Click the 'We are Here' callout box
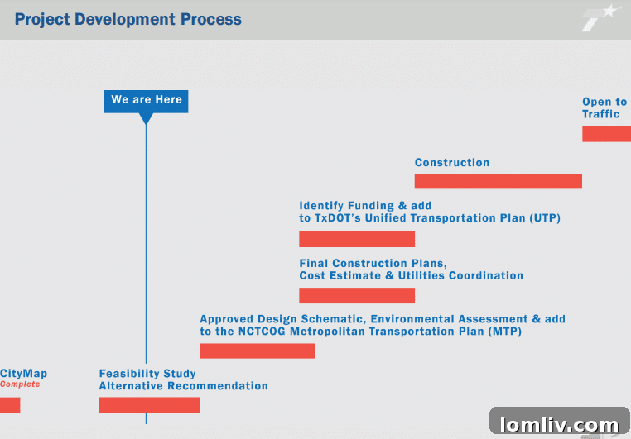(x=146, y=100)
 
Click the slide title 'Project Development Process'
(x=128, y=19)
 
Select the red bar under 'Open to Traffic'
(x=606, y=134)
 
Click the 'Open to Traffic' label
(x=605, y=108)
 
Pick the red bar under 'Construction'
(x=498, y=181)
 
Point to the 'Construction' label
(x=452, y=163)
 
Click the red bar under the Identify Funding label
(x=357, y=239)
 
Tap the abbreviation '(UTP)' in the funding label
(x=543, y=218)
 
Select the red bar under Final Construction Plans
(x=357, y=295)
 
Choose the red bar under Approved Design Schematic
(x=258, y=351)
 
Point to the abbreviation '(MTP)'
(x=504, y=331)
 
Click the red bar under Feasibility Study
(x=149, y=405)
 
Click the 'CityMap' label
(x=23, y=374)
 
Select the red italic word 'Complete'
(x=20, y=384)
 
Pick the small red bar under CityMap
(x=10, y=405)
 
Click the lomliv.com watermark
(x=559, y=424)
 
